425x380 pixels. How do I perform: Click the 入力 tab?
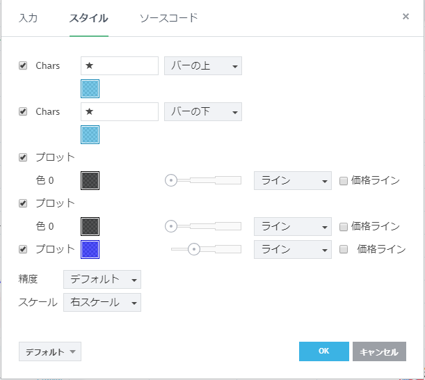(x=28, y=18)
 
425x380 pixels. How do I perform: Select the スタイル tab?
(x=88, y=18)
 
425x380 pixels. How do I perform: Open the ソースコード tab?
(x=168, y=18)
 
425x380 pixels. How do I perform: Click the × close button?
(x=406, y=16)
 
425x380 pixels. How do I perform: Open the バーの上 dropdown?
(x=202, y=66)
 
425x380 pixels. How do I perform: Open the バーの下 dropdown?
(x=202, y=111)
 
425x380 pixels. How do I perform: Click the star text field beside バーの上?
(x=120, y=66)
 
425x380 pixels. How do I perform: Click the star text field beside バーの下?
(x=120, y=111)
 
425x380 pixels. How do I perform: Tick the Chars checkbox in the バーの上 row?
(x=23, y=66)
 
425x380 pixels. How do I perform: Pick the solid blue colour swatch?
(x=90, y=249)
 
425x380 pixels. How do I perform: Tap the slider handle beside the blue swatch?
(x=195, y=249)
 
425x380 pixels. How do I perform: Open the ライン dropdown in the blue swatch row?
(x=292, y=249)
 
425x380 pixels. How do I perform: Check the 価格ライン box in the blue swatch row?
(x=344, y=249)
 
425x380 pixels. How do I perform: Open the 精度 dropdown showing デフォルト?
(x=102, y=279)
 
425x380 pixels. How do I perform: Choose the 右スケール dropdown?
(x=102, y=303)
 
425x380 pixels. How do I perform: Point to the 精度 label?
(x=29, y=279)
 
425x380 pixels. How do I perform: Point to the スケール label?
(x=38, y=303)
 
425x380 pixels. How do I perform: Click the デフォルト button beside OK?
(x=50, y=351)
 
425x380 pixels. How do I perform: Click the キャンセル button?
(x=379, y=351)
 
